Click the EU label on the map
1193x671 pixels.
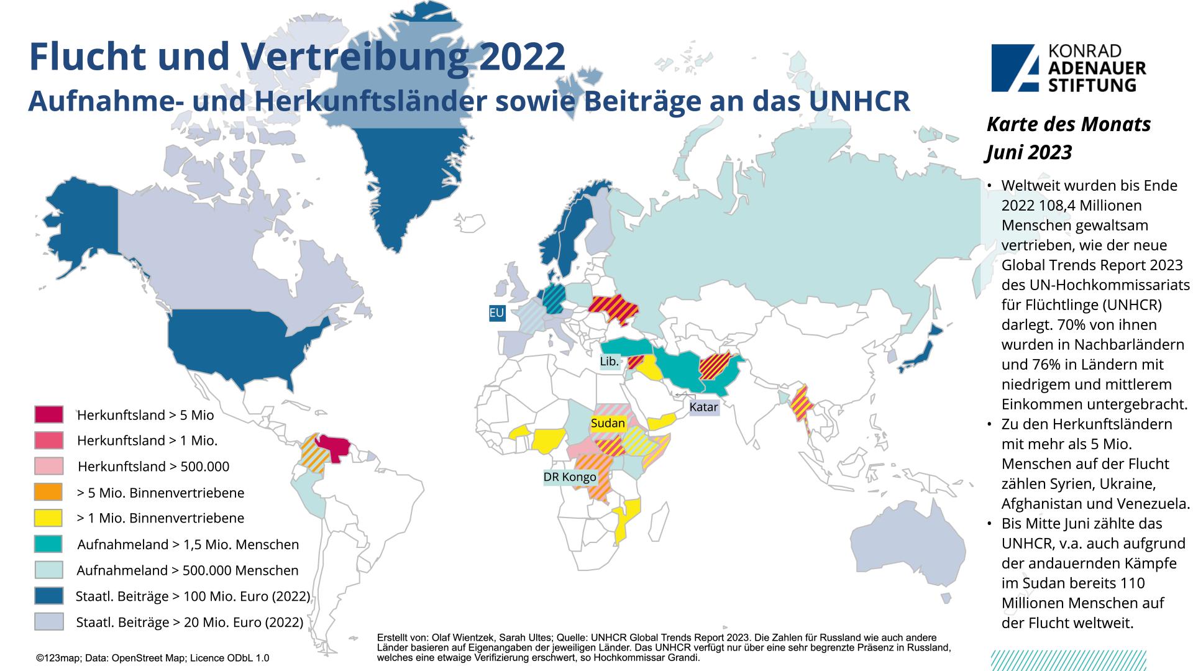coord(496,313)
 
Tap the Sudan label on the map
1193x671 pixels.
coord(608,423)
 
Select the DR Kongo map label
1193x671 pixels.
coord(570,477)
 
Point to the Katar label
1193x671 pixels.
coord(703,407)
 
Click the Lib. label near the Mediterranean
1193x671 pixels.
coord(609,362)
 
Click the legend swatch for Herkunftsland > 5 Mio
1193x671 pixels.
coord(48,414)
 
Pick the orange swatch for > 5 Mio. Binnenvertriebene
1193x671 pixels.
coord(48,492)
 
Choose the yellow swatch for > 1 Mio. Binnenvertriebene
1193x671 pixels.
coord(48,518)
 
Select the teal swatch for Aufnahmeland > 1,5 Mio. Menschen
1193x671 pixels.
coord(48,544)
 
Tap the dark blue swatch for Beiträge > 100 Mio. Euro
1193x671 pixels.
coord(48,596)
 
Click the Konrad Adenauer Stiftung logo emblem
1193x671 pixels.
coord(1014,67)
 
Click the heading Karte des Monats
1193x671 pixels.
coord(1069,124)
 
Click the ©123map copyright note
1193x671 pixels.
coord(152,658)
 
